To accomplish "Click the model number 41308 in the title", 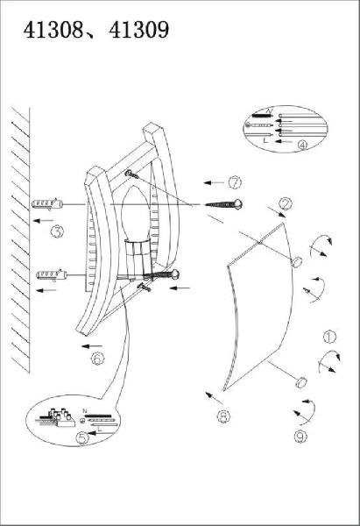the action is pos(53,30).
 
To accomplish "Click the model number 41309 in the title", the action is pos(138,30).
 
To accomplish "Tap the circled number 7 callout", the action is pos(235,183).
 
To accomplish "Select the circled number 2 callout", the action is pos(286,203).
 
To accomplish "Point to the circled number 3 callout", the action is pos(57,231).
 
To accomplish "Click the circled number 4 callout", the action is pos(302,145).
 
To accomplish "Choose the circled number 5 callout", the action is pos(82,437).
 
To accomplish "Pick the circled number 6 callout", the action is pos(97,359).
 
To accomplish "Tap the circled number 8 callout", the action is pos(223,416).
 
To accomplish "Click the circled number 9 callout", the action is pos(300,437).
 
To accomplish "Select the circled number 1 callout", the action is pos(330,337).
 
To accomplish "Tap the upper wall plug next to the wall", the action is pos(47,203).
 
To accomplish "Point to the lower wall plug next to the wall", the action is pos(52,275).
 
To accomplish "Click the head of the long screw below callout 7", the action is pos(237,203).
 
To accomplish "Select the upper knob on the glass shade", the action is pos(296,261).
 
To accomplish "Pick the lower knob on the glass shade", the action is pos(301,382).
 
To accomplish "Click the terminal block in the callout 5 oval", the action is pos(60,417).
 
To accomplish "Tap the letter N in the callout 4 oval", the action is pos(269,110).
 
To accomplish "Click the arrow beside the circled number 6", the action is pos(92,346).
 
